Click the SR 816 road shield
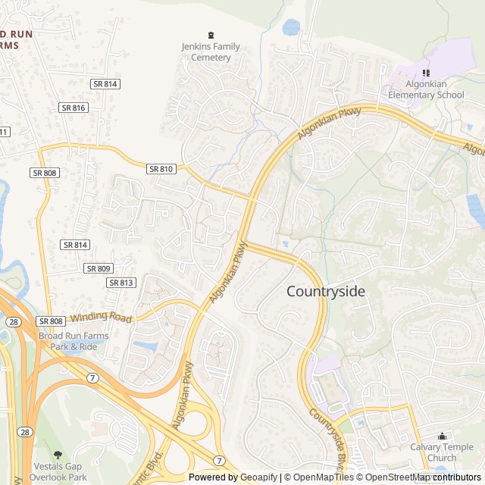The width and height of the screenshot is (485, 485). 74,108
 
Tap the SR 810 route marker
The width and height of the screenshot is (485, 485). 161,169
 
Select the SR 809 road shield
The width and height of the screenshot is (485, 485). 99,268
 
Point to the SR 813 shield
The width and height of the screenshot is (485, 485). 121,283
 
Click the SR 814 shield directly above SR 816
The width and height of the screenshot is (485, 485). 105,84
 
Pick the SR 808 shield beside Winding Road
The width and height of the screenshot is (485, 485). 50,321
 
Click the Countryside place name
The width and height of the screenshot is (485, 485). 325,292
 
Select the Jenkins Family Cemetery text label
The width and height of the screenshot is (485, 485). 211,52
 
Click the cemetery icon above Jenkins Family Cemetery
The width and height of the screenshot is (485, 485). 211,35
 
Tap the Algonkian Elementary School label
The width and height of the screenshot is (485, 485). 426,89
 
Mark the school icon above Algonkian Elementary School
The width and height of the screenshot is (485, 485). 426,73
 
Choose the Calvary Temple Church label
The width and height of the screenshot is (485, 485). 442,452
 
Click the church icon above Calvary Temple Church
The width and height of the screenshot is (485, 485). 443,436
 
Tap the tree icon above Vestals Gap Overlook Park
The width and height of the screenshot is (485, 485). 59,455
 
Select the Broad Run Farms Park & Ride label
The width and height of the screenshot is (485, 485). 74,341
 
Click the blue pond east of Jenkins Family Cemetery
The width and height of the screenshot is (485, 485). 291,28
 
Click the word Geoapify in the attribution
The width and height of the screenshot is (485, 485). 258,477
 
